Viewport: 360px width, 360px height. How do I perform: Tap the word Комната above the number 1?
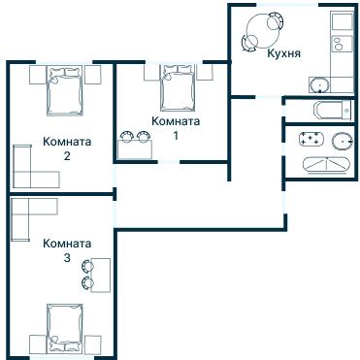click(176, 121)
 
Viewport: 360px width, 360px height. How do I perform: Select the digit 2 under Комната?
click(67, 155)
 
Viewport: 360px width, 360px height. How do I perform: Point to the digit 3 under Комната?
click(66, 258)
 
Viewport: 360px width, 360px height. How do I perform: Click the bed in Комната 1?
click(177, 87)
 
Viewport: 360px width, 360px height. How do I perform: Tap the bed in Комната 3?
click(66, 327)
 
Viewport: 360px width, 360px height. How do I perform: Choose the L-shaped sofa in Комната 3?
click(29, 215)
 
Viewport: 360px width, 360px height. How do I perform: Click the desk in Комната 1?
click(137, 148)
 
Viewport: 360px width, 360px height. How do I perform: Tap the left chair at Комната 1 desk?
click(126, 137)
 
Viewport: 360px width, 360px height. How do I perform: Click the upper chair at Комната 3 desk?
click(88, 265)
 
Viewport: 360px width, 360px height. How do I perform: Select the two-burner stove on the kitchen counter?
click(340, 44)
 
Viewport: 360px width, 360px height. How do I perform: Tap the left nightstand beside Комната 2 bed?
click(37, 75)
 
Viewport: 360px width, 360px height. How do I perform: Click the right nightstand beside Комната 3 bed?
click(94, 342)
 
